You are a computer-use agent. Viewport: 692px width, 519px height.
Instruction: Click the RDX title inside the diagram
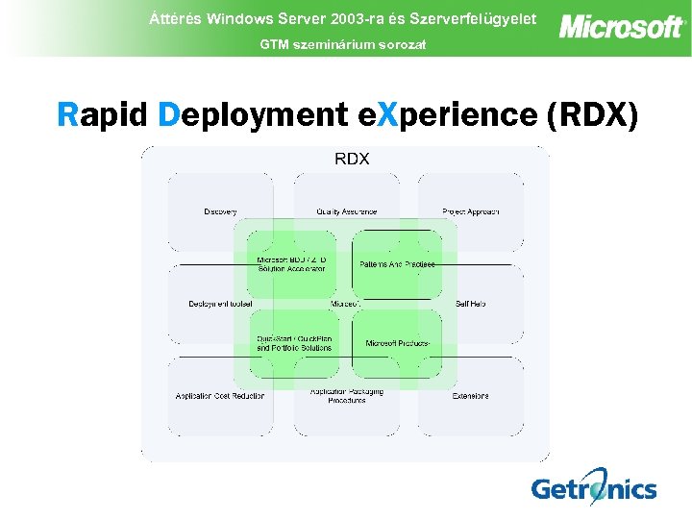point(352,159)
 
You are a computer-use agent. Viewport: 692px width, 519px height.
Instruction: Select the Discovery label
point(220,211)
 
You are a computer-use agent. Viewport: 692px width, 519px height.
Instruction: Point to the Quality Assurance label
point(346,211)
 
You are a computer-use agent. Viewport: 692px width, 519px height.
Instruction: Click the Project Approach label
point(470,211)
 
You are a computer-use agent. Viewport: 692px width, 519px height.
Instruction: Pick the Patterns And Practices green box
point(397,263)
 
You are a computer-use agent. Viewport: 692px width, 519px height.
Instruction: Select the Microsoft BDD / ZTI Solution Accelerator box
point(292,263)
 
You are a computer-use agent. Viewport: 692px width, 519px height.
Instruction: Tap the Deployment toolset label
point(220,304)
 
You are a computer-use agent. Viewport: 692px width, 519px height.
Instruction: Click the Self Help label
point(470,304)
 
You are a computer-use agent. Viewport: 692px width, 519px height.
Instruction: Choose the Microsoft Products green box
point(397,343)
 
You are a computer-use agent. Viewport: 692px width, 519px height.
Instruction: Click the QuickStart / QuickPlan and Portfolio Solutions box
point(293,343)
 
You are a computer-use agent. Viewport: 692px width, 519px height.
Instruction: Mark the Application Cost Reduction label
point(220,395)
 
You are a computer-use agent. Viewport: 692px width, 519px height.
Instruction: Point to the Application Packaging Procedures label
point(346,395)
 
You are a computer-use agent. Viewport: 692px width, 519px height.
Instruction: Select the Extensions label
point(470,395)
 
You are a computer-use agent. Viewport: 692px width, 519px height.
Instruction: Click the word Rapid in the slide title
point(103,114)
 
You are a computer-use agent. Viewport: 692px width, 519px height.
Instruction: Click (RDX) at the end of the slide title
point(590,114)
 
